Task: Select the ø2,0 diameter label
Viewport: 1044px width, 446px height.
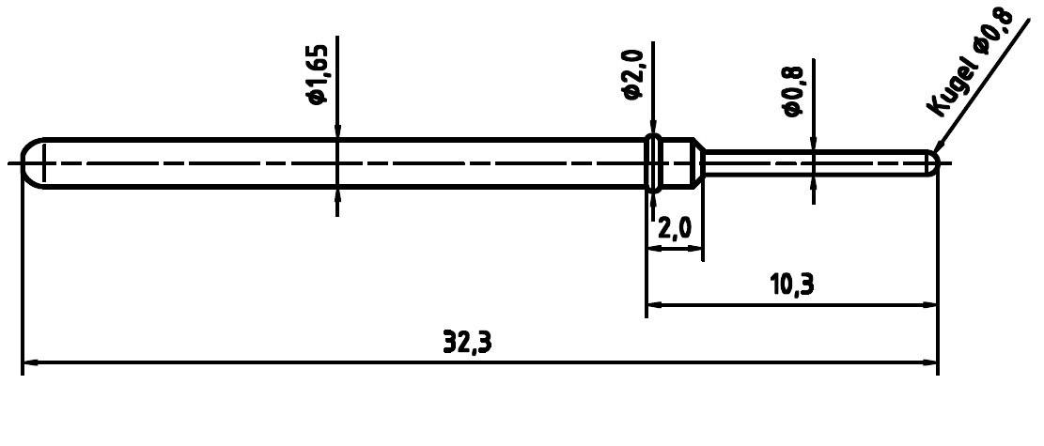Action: click(632, 76)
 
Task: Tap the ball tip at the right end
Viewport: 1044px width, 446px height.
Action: click(933, 163)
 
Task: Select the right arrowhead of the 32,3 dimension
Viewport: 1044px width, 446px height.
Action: click(929, 362)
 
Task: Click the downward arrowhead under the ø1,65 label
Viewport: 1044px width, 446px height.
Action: click(337, 131)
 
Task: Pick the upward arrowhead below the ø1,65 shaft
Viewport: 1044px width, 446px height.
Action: click(337, 195)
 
